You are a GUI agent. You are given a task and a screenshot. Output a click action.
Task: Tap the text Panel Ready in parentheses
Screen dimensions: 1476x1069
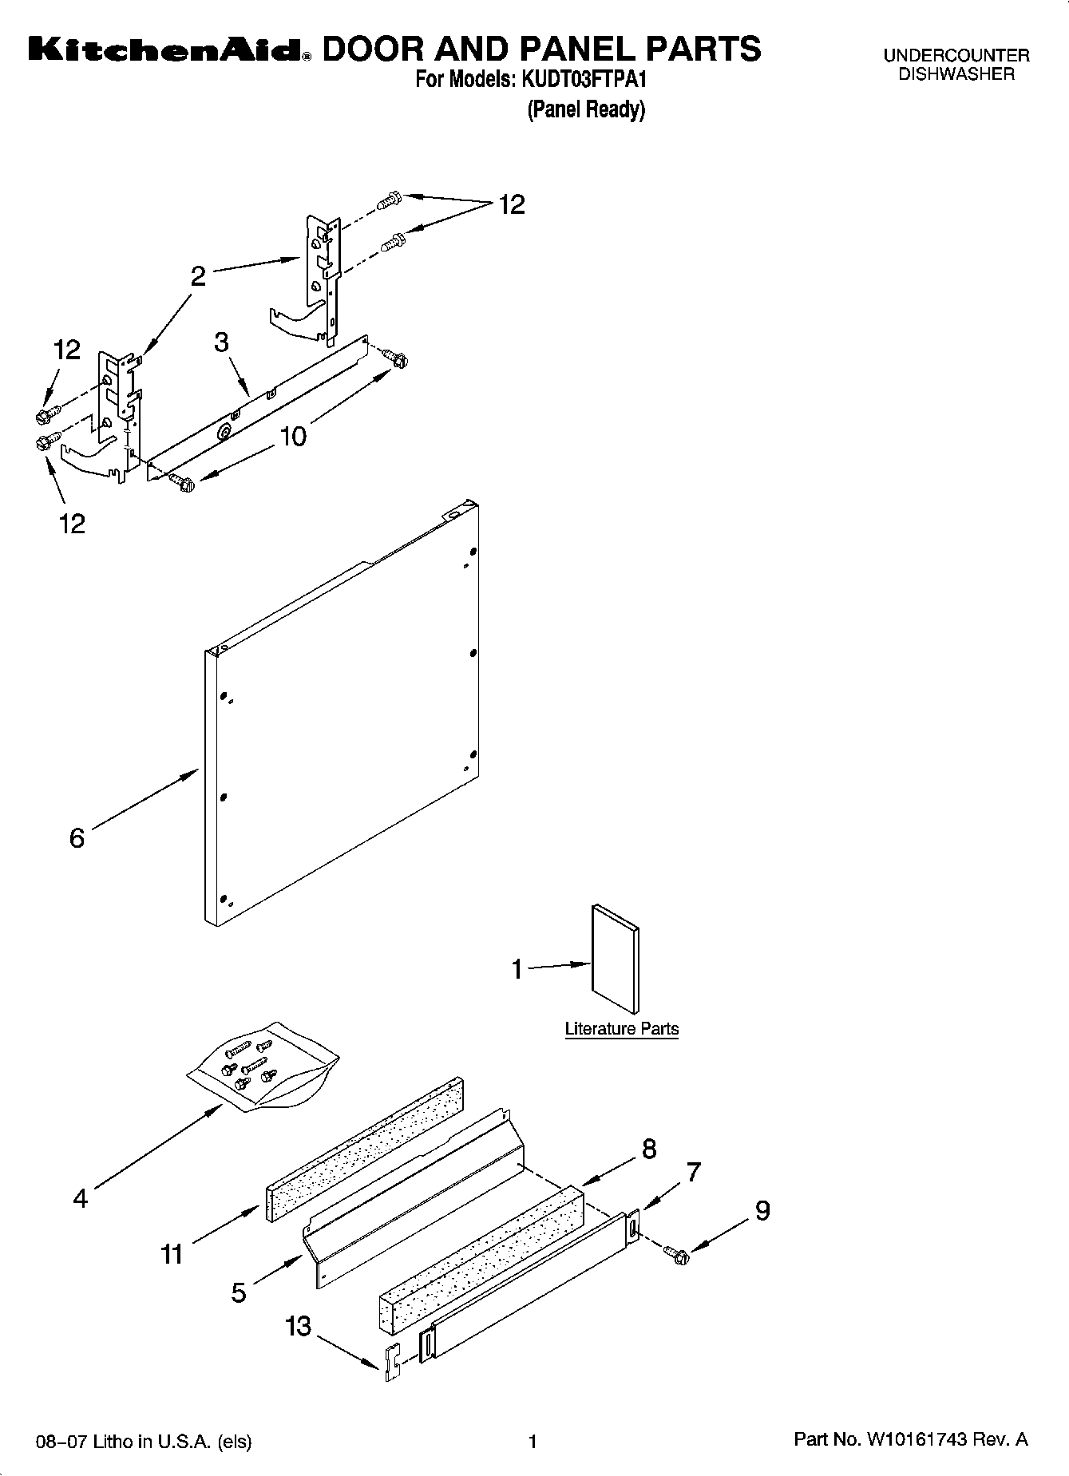(x=585, y=109)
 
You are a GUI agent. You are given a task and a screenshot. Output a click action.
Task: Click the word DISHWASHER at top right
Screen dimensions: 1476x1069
(x=956, y=74)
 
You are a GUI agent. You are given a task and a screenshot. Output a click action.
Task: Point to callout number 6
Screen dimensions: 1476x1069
(x=77, y=838)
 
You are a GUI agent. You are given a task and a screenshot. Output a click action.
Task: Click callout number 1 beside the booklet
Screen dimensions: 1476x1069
(x=517, y=969)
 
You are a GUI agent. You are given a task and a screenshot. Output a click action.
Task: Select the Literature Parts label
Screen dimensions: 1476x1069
(x=621, y=1029)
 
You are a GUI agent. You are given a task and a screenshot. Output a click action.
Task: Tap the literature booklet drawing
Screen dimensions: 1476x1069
(x=615, y=958)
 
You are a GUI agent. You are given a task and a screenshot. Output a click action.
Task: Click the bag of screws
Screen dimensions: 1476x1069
(x=263, y=1066)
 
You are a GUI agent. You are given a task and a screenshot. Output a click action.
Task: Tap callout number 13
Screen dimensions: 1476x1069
(x=298, y=1326)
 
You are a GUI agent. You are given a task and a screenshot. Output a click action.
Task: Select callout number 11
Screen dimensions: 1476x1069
(x=172, y=1254)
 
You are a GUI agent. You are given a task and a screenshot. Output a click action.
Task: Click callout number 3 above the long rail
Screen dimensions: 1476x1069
(x=221, y=342)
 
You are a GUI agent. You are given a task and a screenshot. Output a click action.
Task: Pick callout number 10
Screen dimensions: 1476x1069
(x=293, y=437)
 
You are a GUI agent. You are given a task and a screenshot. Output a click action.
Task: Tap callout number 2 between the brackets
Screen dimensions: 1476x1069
(x=198, y=276)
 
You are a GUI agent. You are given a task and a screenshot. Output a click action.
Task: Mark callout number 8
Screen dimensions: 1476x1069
(x=648, y=1149)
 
